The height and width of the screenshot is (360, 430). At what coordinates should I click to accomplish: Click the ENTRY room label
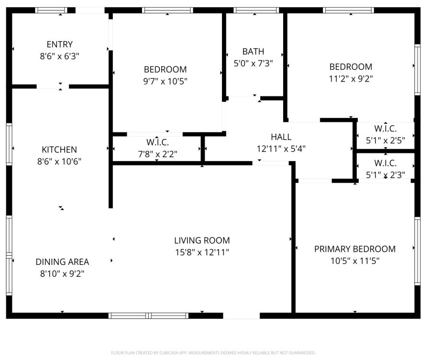click(x=60, y=44)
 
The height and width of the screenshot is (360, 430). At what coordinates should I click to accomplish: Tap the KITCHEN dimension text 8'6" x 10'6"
click(x=59, y=162)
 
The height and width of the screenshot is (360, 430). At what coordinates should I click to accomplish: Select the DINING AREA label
click(x=62, y=262)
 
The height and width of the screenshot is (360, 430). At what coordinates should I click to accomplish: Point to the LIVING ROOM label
click(x=202, y=240)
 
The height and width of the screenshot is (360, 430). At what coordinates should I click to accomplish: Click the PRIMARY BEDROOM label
click(x=354, y=249)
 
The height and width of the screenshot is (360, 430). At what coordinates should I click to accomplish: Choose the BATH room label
click(x=253, y=51)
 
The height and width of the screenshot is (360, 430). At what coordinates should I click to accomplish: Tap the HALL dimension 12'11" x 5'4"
click(x=281, y=149)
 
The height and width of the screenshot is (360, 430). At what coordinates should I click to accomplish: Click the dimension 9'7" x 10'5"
click(x=165, y=81)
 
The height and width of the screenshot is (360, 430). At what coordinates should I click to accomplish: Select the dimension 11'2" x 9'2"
click(x=351, y=79)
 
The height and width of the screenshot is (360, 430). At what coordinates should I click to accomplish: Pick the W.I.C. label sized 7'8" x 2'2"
click(x=157, y=142)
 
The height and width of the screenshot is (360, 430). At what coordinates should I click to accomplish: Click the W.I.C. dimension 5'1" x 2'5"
click(x=385, y=141)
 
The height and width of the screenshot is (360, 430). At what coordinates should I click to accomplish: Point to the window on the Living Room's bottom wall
click(x=148, y=316)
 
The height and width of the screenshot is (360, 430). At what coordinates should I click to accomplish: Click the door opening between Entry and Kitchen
click(x=53, y=87)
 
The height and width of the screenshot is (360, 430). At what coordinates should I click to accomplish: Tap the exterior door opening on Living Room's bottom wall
click(x=242, y=316)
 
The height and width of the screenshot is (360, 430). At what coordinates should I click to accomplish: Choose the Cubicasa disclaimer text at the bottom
click(x=213, y=353)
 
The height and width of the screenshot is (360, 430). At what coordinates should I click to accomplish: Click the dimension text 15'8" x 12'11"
click(x=202, y=252)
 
